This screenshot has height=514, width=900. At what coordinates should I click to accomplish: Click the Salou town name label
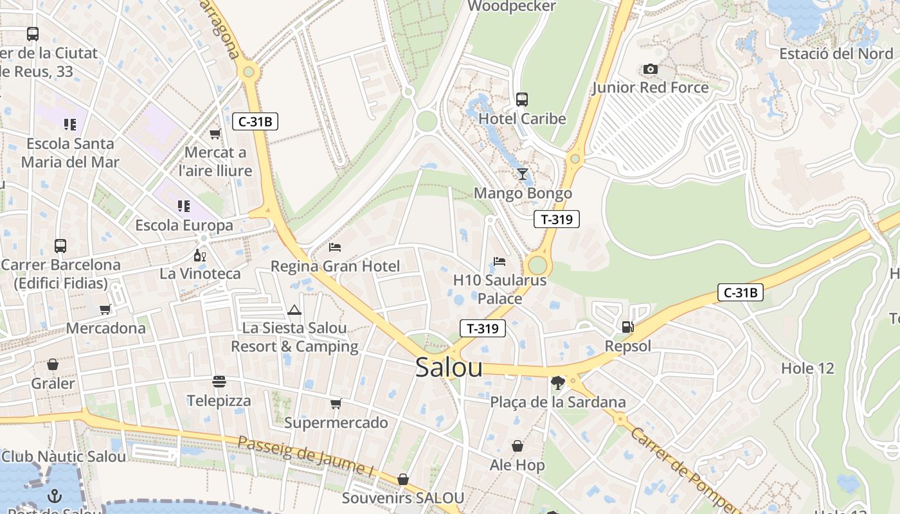pyautogui.click(x=449, y=367)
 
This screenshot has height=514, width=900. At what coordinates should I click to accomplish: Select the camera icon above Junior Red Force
pyautogui.click(x=651, y=69)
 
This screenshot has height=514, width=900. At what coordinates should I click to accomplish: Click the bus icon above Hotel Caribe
pyautogui.click(x=522, y=100)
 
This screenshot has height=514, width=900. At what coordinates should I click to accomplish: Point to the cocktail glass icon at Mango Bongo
pyautogui.click(x=522, y=174)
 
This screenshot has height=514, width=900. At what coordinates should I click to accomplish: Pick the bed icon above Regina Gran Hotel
pyautogui.click(x=335, y=247)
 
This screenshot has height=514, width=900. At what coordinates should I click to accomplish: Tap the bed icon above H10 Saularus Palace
pyautogui.click(x=500, y=261)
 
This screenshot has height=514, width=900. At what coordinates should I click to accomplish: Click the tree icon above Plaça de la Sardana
pyautogui.click(x=557, y=383)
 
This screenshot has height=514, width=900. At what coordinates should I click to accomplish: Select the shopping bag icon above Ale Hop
pyautogui.click(x=517, y=446)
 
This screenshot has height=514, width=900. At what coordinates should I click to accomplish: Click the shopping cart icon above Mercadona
pyautogui.click(x=105, y=309)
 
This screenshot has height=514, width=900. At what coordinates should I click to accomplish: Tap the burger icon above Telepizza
pyautogui.click(x=219, y=382)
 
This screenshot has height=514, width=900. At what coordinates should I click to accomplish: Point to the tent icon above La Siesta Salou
pyautogui.click(x=294, y=310)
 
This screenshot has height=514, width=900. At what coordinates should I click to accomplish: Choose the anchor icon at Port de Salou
pyautogui.click(x=55, y=496)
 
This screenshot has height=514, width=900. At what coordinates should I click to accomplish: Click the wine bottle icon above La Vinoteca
pyautogui.click(x=200, y=255)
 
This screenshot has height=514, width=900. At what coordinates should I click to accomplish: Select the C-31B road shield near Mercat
pyautogui.click(x=255, y=121)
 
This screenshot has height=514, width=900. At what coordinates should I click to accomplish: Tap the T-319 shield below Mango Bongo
pyautogui.click(x=557, y=219)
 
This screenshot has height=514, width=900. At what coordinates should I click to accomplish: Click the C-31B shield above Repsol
pyautogui.click(x=740, y=293)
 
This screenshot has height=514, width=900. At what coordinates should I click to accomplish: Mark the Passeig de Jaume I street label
pyautogui.click(x=305, y=456)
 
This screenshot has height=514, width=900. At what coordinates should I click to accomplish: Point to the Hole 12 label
pyautogui.click(x=807, y=369)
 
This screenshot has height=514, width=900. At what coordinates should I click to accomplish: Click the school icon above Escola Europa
pyautogui.click(x=184, y=206)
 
